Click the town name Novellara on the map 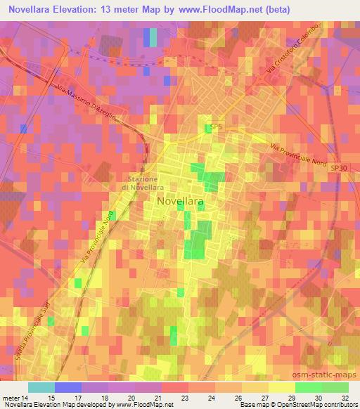[x=181, y=202]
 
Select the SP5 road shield [x=215, y=127]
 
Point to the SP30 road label [x=339, y=169]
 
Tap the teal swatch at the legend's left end [x=41, y=387]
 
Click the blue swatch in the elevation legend [x=67, y=387]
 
